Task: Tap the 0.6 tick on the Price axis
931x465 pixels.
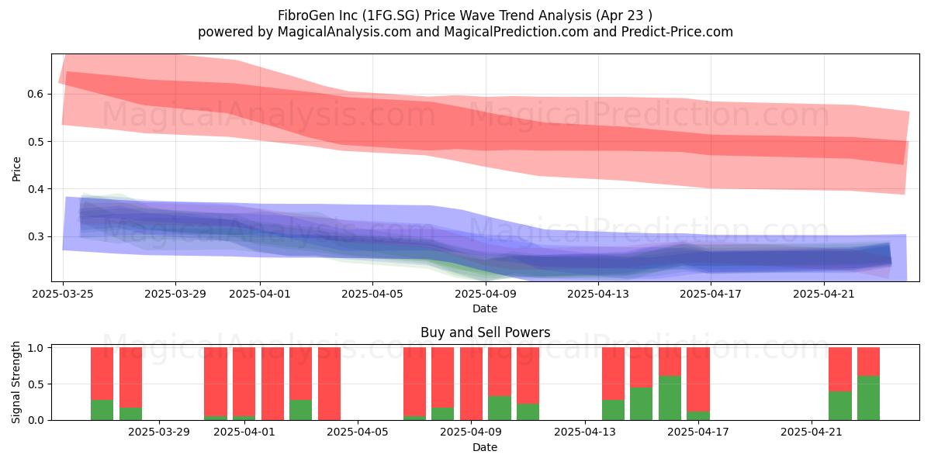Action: click(36, 95)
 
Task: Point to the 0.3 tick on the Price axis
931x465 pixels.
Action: click(36, 236)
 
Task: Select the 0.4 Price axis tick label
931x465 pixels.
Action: click(36, 189)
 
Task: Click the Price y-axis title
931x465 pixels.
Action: click(16, 169)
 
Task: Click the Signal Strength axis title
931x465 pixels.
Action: click(16, 382)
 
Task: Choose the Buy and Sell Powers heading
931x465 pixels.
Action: click(485, 332)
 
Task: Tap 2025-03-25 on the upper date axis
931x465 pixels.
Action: click(63, 294)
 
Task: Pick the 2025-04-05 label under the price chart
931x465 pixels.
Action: click(372, 294)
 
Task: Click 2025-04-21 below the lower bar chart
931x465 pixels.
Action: click(812, 432)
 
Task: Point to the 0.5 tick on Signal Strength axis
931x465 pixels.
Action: click(36, 384)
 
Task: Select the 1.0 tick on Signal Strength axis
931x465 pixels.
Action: click(36, 348)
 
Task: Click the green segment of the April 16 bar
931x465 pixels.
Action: click(670, 398)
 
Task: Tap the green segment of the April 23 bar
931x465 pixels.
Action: click(869, 398)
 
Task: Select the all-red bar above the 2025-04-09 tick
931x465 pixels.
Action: click(472, 384)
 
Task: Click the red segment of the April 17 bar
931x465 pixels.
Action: click(698, 380)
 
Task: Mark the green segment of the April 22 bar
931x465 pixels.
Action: click(840, 405)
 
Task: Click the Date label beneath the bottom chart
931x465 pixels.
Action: click(485, 447)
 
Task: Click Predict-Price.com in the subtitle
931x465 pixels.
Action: click(677, 32)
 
